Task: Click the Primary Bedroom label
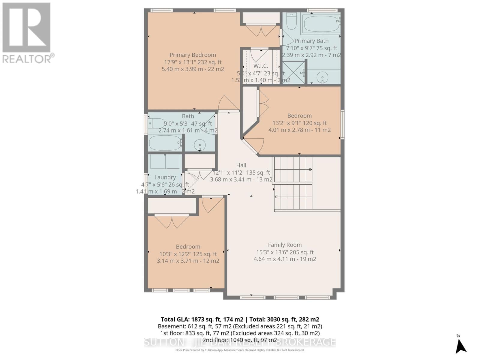(193, 55)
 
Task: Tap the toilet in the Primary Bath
(291, 20)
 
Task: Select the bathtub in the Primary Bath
(321, 24)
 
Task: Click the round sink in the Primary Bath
(322, 77)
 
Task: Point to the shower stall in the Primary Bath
(293, 72)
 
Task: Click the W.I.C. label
(260, 66)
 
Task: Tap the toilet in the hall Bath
(156, 123)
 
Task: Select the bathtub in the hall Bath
(165, 143)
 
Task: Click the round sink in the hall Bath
(199, 145)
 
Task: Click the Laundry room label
(165, 177)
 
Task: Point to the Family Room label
(285, 245)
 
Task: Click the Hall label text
(241, 165)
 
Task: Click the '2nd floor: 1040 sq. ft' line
(240, 340)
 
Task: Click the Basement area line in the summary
(240, 326)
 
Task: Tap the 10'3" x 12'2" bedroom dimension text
(188, 254)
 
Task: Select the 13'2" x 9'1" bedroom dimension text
(299, 123)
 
